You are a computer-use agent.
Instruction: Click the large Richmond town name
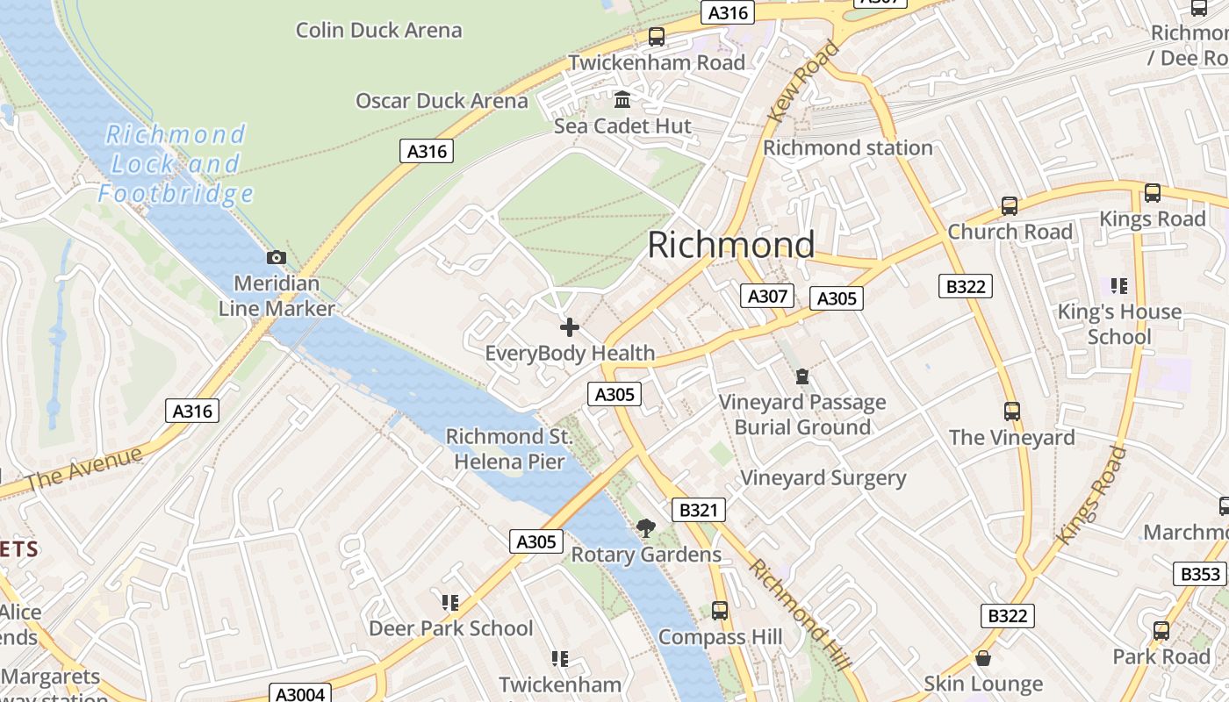731,245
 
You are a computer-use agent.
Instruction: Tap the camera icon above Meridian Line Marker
277,257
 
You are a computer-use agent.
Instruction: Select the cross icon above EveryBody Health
570,327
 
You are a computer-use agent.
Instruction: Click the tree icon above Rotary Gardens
646,527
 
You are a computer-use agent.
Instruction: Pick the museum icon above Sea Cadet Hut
622,100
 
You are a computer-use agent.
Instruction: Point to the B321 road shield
699,510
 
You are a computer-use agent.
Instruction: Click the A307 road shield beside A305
767,296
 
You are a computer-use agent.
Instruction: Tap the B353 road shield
1199,574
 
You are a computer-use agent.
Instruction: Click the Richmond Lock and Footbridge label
176,163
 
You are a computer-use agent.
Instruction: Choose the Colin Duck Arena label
378,30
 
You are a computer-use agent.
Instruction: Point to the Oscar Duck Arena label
442,101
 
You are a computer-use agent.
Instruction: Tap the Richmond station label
847,147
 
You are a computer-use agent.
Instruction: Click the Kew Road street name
804,81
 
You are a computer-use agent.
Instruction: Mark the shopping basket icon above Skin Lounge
983,658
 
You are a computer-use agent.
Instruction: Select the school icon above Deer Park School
450,602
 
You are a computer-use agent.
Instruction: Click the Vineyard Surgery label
823,478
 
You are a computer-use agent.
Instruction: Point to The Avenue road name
84,470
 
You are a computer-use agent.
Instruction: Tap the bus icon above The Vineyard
1011,411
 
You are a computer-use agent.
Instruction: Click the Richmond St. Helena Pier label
509,448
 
